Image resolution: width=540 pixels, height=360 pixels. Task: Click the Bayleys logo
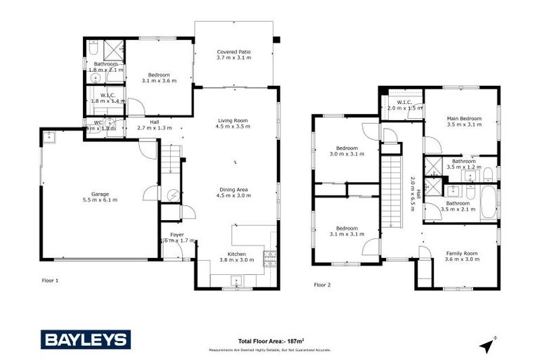(x=86, y=340)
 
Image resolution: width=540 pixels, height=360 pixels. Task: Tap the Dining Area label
(x=233, y=190)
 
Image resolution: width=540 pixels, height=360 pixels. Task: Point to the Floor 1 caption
(x=49, y=280)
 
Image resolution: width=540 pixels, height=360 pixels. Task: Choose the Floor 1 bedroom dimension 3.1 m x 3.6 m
(x=158, y=81)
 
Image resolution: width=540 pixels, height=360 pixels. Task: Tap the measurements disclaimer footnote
(x=269, y=349)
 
